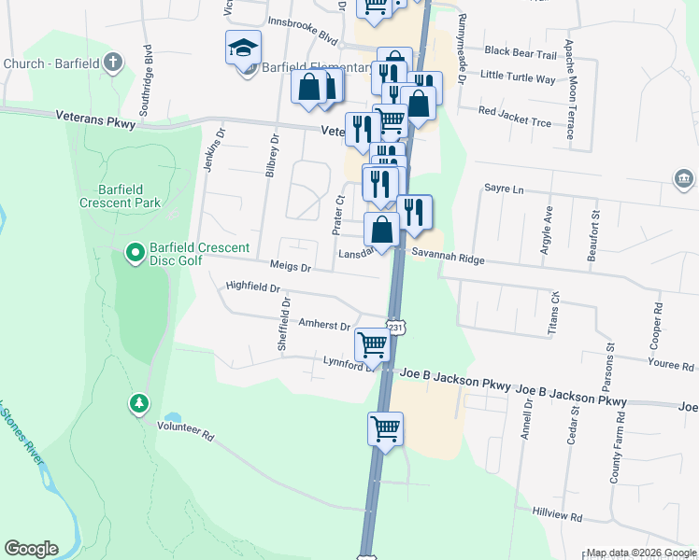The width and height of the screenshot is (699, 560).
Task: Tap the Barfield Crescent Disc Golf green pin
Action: click(x=136, y=252)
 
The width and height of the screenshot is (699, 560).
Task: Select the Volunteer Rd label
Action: click(x=186, y=435)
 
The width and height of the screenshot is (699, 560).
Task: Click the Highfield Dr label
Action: click(x=253, y=287)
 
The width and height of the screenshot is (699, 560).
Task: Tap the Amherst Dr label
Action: click(x=323, y=326)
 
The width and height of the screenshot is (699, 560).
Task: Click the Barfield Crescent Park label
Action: click(x=120, y=195)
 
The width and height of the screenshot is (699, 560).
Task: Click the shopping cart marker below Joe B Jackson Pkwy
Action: click(x=385, y=429)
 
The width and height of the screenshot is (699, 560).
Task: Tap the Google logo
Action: click(x=31, y=549)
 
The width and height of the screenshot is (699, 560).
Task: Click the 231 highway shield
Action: click(x=397, y=328)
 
